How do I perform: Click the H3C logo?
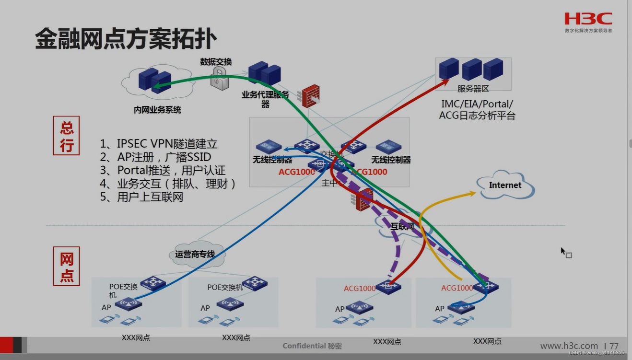tap(588, 19)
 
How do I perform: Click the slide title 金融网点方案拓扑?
tap(126, 39)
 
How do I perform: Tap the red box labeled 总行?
tap(66, 136)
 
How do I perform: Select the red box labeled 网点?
tap(66, 266)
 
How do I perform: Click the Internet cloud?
tap(505, 185)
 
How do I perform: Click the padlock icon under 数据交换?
tap(220, 78)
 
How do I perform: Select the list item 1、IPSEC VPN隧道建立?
tap(159, 144)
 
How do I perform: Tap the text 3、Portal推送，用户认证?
tap(163, 171)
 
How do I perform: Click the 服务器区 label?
tap(473, 89)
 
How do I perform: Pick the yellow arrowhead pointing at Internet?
tap(472, 194)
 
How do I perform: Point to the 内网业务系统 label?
tap(157, 110)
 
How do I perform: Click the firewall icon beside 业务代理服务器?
tap(310, 96)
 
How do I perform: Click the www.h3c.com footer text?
tap(569, 346)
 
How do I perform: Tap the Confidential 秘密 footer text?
tap(312, 346)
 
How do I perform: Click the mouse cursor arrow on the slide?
tap(563, 250)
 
